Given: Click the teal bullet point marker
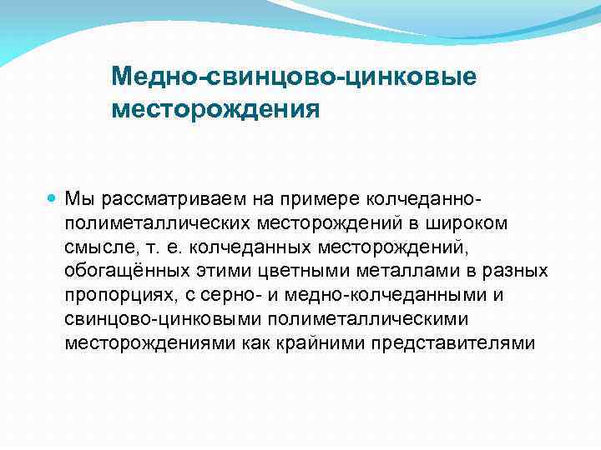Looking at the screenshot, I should [x=53, y=200].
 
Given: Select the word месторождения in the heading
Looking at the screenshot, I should [x=215, y=109].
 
